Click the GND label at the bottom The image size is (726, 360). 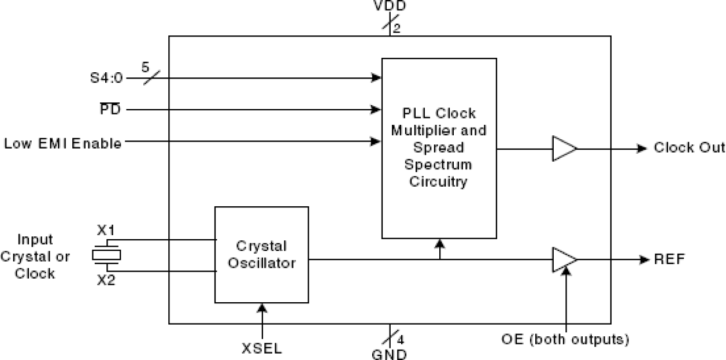click(x=389, y=354)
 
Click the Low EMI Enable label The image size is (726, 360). click(x=62, y=143)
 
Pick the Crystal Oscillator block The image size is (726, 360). click(x=261, y=254)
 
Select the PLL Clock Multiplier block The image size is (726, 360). click(x=439, y=147)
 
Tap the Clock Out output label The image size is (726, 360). click(x=688, y=148)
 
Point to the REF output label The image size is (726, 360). click(x=669, y=259)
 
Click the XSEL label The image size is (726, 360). click(x=262, y=348)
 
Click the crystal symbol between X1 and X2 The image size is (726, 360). click(x=106, y=254)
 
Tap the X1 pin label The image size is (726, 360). click(x=105, y=231)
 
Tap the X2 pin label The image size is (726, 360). click(x=105, y=280)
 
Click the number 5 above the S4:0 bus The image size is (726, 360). click(x=145, y=66)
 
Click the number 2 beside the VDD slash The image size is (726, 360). click(x=397, y=28)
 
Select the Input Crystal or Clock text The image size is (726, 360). click(x=36, y=256)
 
